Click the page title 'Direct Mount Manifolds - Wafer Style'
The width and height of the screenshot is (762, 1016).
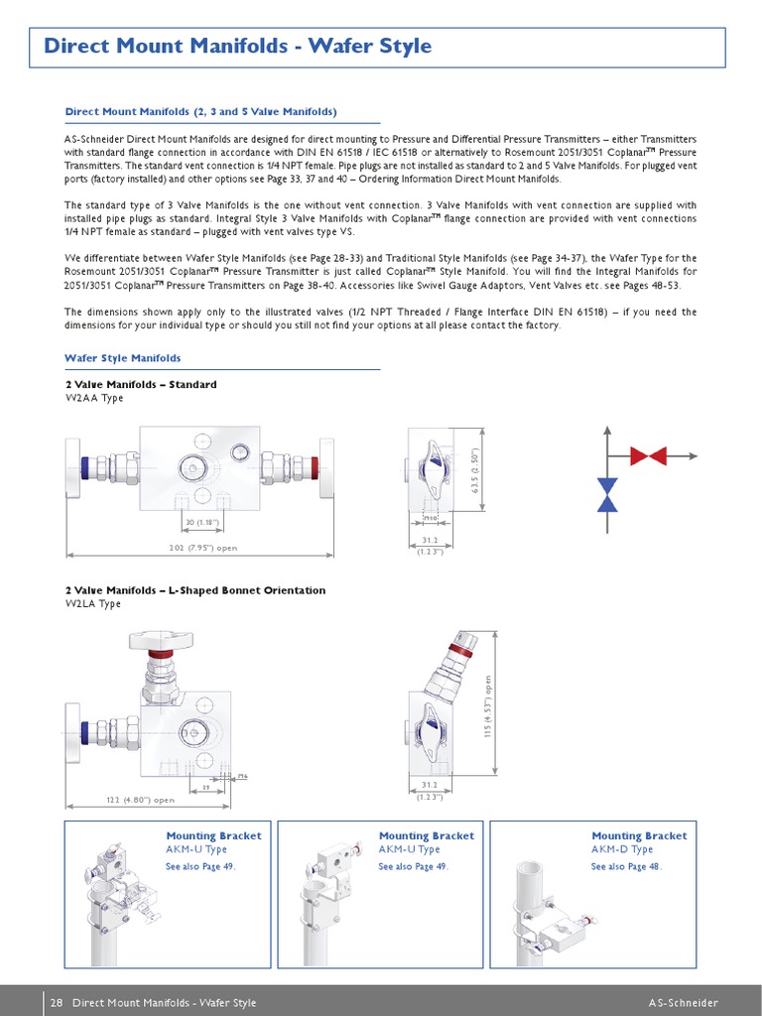tap(238, 47)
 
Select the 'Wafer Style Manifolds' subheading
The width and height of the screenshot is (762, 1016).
tap(123, 358)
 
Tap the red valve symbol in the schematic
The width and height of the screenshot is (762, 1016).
tap(648, 455)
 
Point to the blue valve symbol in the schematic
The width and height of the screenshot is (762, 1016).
tap(607, 495)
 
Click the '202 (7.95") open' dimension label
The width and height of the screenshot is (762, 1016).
tap(203, 547)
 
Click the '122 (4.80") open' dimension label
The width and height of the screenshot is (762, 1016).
tap(140, 800)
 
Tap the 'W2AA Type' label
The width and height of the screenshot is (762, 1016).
tap(94, 398)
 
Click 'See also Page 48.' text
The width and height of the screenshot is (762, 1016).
tap(627, 866)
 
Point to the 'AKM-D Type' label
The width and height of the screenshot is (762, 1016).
tap(622, 849)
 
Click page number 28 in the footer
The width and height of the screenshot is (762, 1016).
tap(57, 1003)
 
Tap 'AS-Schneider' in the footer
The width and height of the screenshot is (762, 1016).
tap(684, 1003)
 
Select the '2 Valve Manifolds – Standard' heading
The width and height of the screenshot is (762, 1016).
tap(141, 384)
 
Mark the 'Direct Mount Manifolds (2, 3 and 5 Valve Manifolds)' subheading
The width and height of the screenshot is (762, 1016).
tap(200, 112)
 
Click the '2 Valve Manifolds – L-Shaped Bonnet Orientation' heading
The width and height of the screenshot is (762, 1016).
tap(195, 590)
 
